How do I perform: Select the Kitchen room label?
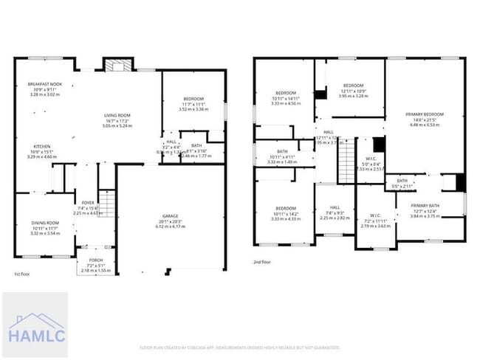pos(41,147)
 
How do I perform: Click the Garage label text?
pos(170,216)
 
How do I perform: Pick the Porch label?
pos(96,260)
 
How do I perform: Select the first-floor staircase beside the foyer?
pos(108,201)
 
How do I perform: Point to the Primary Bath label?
pos(425,206)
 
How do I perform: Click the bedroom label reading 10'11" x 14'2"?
pos(284,208)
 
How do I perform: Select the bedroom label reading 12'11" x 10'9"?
pos(352,86)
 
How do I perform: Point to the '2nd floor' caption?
pos(263,261)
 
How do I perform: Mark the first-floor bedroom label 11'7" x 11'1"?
pos(193,99)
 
